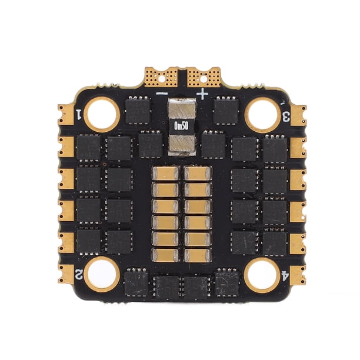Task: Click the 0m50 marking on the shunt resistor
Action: [181, 125]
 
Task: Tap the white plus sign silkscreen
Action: [202, 94]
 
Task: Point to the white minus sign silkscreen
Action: [162, 94]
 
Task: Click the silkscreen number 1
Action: [79, 114]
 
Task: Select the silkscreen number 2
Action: [79, 274]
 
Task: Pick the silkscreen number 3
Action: [286, 116]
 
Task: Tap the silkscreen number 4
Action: [284, 276]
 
